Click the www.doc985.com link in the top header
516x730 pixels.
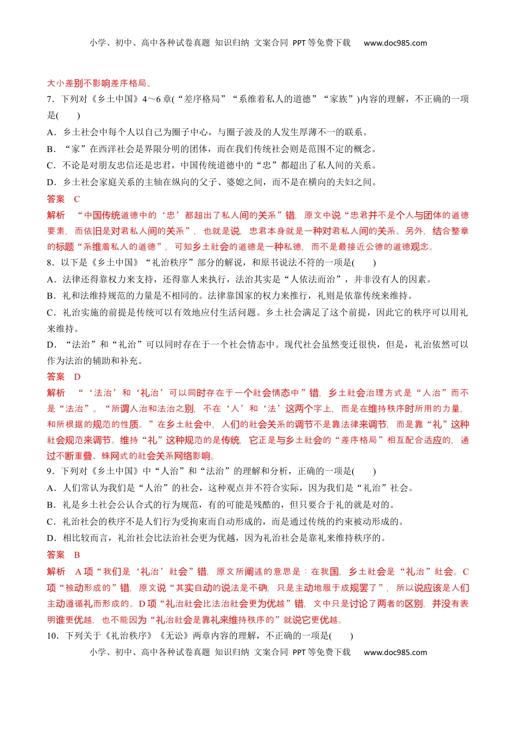(x=395, y=43)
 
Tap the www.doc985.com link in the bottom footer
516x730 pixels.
(x=395, y=652)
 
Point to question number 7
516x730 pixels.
(x=50, y=99)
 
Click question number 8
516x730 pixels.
(x=50, y=262)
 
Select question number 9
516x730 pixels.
(x=50, y=471)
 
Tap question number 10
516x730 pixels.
(x=52, y=635)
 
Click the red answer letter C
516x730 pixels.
(x=77, y=199)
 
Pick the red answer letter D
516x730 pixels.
(x=77, y=376)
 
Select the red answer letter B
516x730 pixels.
(x=77, y=555)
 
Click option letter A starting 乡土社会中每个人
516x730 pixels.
(x=51, y=132)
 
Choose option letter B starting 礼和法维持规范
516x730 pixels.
(x=51, y=296)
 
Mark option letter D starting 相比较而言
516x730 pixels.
(x=51, y=538)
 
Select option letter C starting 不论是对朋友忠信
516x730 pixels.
(x=51, y=166)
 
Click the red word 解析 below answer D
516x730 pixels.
(x=56, y=393)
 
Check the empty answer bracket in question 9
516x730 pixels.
(x=364, y=471)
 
